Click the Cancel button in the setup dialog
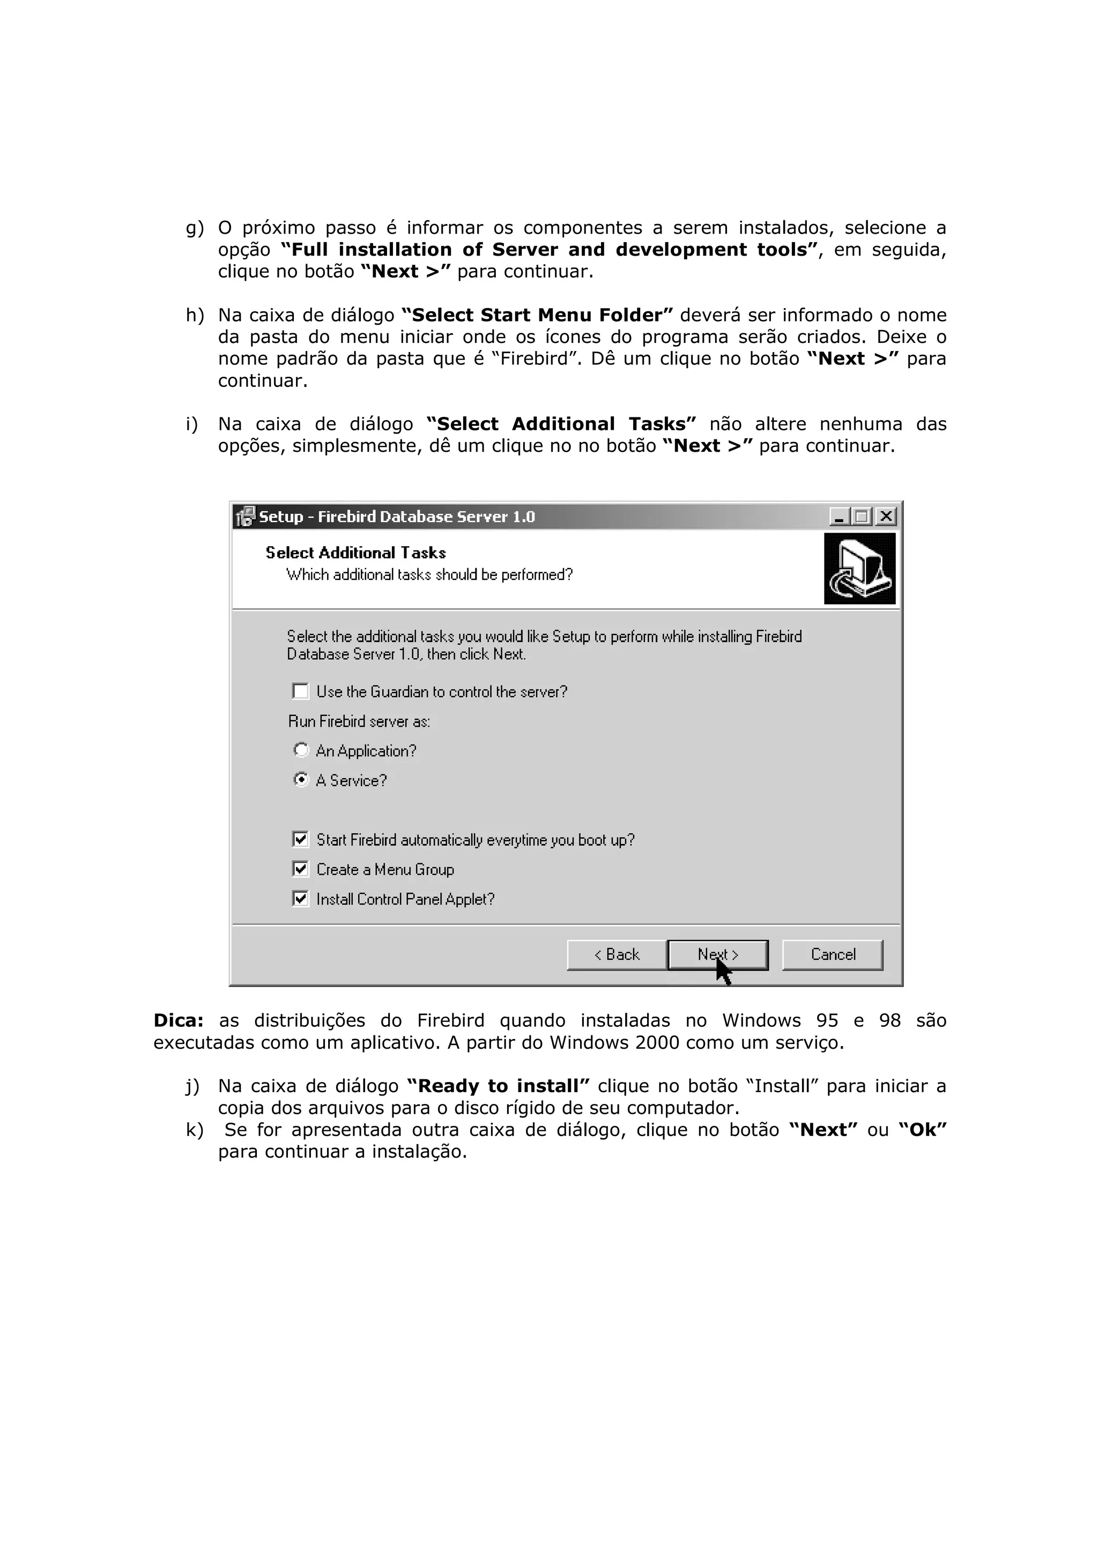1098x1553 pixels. click(x=832, y=954)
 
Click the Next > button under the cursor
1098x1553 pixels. click(x=717, y=954)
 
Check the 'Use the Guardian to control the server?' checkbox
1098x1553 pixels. click(x=300, y=691)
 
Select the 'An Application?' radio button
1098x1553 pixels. click(x=301, y=750)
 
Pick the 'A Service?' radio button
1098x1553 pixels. click(x=301, y=779)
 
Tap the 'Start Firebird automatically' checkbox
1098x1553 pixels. click(x=300, y=839)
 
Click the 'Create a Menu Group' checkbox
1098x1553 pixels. click(x=300, y=869)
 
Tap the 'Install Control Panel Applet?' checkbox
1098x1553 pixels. click(x=300, y=898)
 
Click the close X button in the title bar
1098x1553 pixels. click(x=886, y=517)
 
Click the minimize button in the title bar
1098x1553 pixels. click(x=840, y=517)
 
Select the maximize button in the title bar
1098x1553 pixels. click(x=862, y=517)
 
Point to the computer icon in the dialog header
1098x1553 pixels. click(x=859, y=568)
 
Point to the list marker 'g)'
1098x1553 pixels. click(x=194, y=228)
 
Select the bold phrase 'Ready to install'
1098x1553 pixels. click(x=498, y=1086)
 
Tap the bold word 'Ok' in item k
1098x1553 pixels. click(x=922, y=1130)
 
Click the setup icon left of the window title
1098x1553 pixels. click(x=245, y=517)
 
